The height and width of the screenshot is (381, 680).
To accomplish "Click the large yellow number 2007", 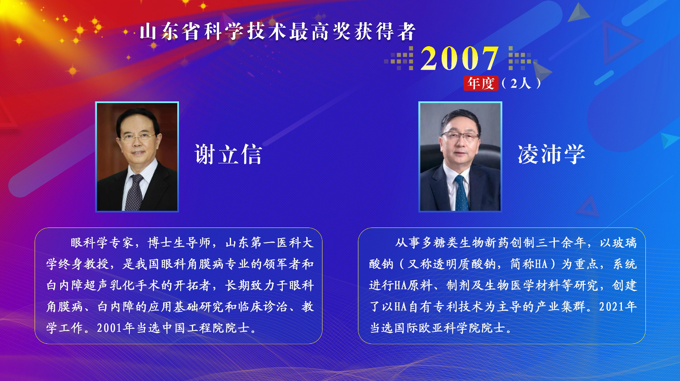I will click(x=459, y=59).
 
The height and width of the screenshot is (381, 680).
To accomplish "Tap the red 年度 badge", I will click(x=481, y=83).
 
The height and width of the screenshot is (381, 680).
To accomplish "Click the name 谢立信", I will click(x=228, y=154).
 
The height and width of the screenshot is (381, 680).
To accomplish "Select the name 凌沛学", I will click(x=551, y=154).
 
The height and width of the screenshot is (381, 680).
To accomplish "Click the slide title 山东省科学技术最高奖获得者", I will click(x=278, y=32).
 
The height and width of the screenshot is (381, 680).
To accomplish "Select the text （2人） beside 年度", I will click(x=521, y=83).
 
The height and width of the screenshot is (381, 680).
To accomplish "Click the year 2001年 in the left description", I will click(x=116, y=328).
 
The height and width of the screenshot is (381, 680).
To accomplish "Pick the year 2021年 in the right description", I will click(x=618, y=307).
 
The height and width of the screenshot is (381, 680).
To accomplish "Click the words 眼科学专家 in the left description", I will click(x=102, y=243).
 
